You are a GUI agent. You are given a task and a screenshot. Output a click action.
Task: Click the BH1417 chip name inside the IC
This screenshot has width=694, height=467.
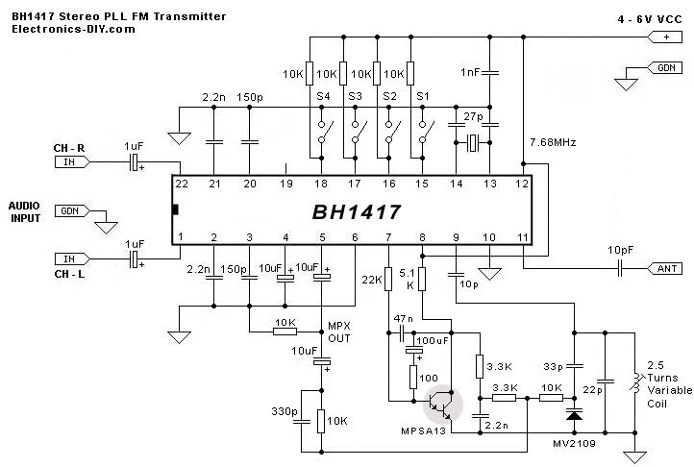coord(355,210)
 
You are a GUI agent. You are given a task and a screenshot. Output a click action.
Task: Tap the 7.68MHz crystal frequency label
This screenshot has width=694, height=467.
coord(552,142)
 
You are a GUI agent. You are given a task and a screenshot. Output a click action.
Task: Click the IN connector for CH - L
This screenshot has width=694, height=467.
coord(68,258)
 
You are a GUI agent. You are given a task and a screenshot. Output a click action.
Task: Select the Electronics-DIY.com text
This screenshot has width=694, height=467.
coord(72,30)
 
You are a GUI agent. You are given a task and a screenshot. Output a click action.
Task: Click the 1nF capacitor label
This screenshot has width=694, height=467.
coord(470,72)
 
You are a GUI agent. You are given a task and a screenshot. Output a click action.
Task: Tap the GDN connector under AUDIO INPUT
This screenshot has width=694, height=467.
coord(70,210)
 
